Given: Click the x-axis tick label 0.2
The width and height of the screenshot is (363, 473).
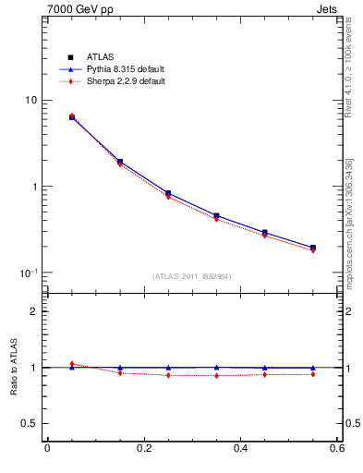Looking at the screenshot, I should pyautogui.click(x=143, y=450).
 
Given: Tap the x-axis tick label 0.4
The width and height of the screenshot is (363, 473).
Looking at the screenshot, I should pyautogui.click(x=240, y=450).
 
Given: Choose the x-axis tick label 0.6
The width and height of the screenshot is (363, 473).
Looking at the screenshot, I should pyautogui.click(x=336, y=450).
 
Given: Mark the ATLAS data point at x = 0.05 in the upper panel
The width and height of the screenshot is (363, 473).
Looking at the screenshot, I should pyautogui.click(x=72, y=117).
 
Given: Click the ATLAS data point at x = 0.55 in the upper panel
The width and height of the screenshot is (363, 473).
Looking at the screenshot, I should pyautogui.click(x=313, y=248).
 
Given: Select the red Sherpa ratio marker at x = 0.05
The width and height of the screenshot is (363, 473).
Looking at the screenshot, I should pyautogui.click(x=72, y=364).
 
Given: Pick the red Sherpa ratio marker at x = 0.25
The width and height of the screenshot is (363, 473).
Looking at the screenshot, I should pyautogui.click(x=168, y=375).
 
